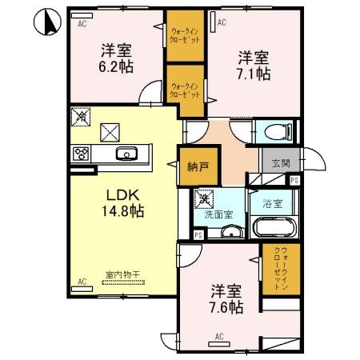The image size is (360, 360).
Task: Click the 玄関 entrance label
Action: click(280, 163)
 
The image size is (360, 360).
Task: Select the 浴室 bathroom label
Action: click(273, 204)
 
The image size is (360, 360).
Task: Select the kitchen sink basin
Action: click(126, 154)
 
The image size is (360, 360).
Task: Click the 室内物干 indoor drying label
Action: click(122, 274)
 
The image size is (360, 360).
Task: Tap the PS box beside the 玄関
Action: click(294, 181)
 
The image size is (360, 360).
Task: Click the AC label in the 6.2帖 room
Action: click(82, 25)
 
